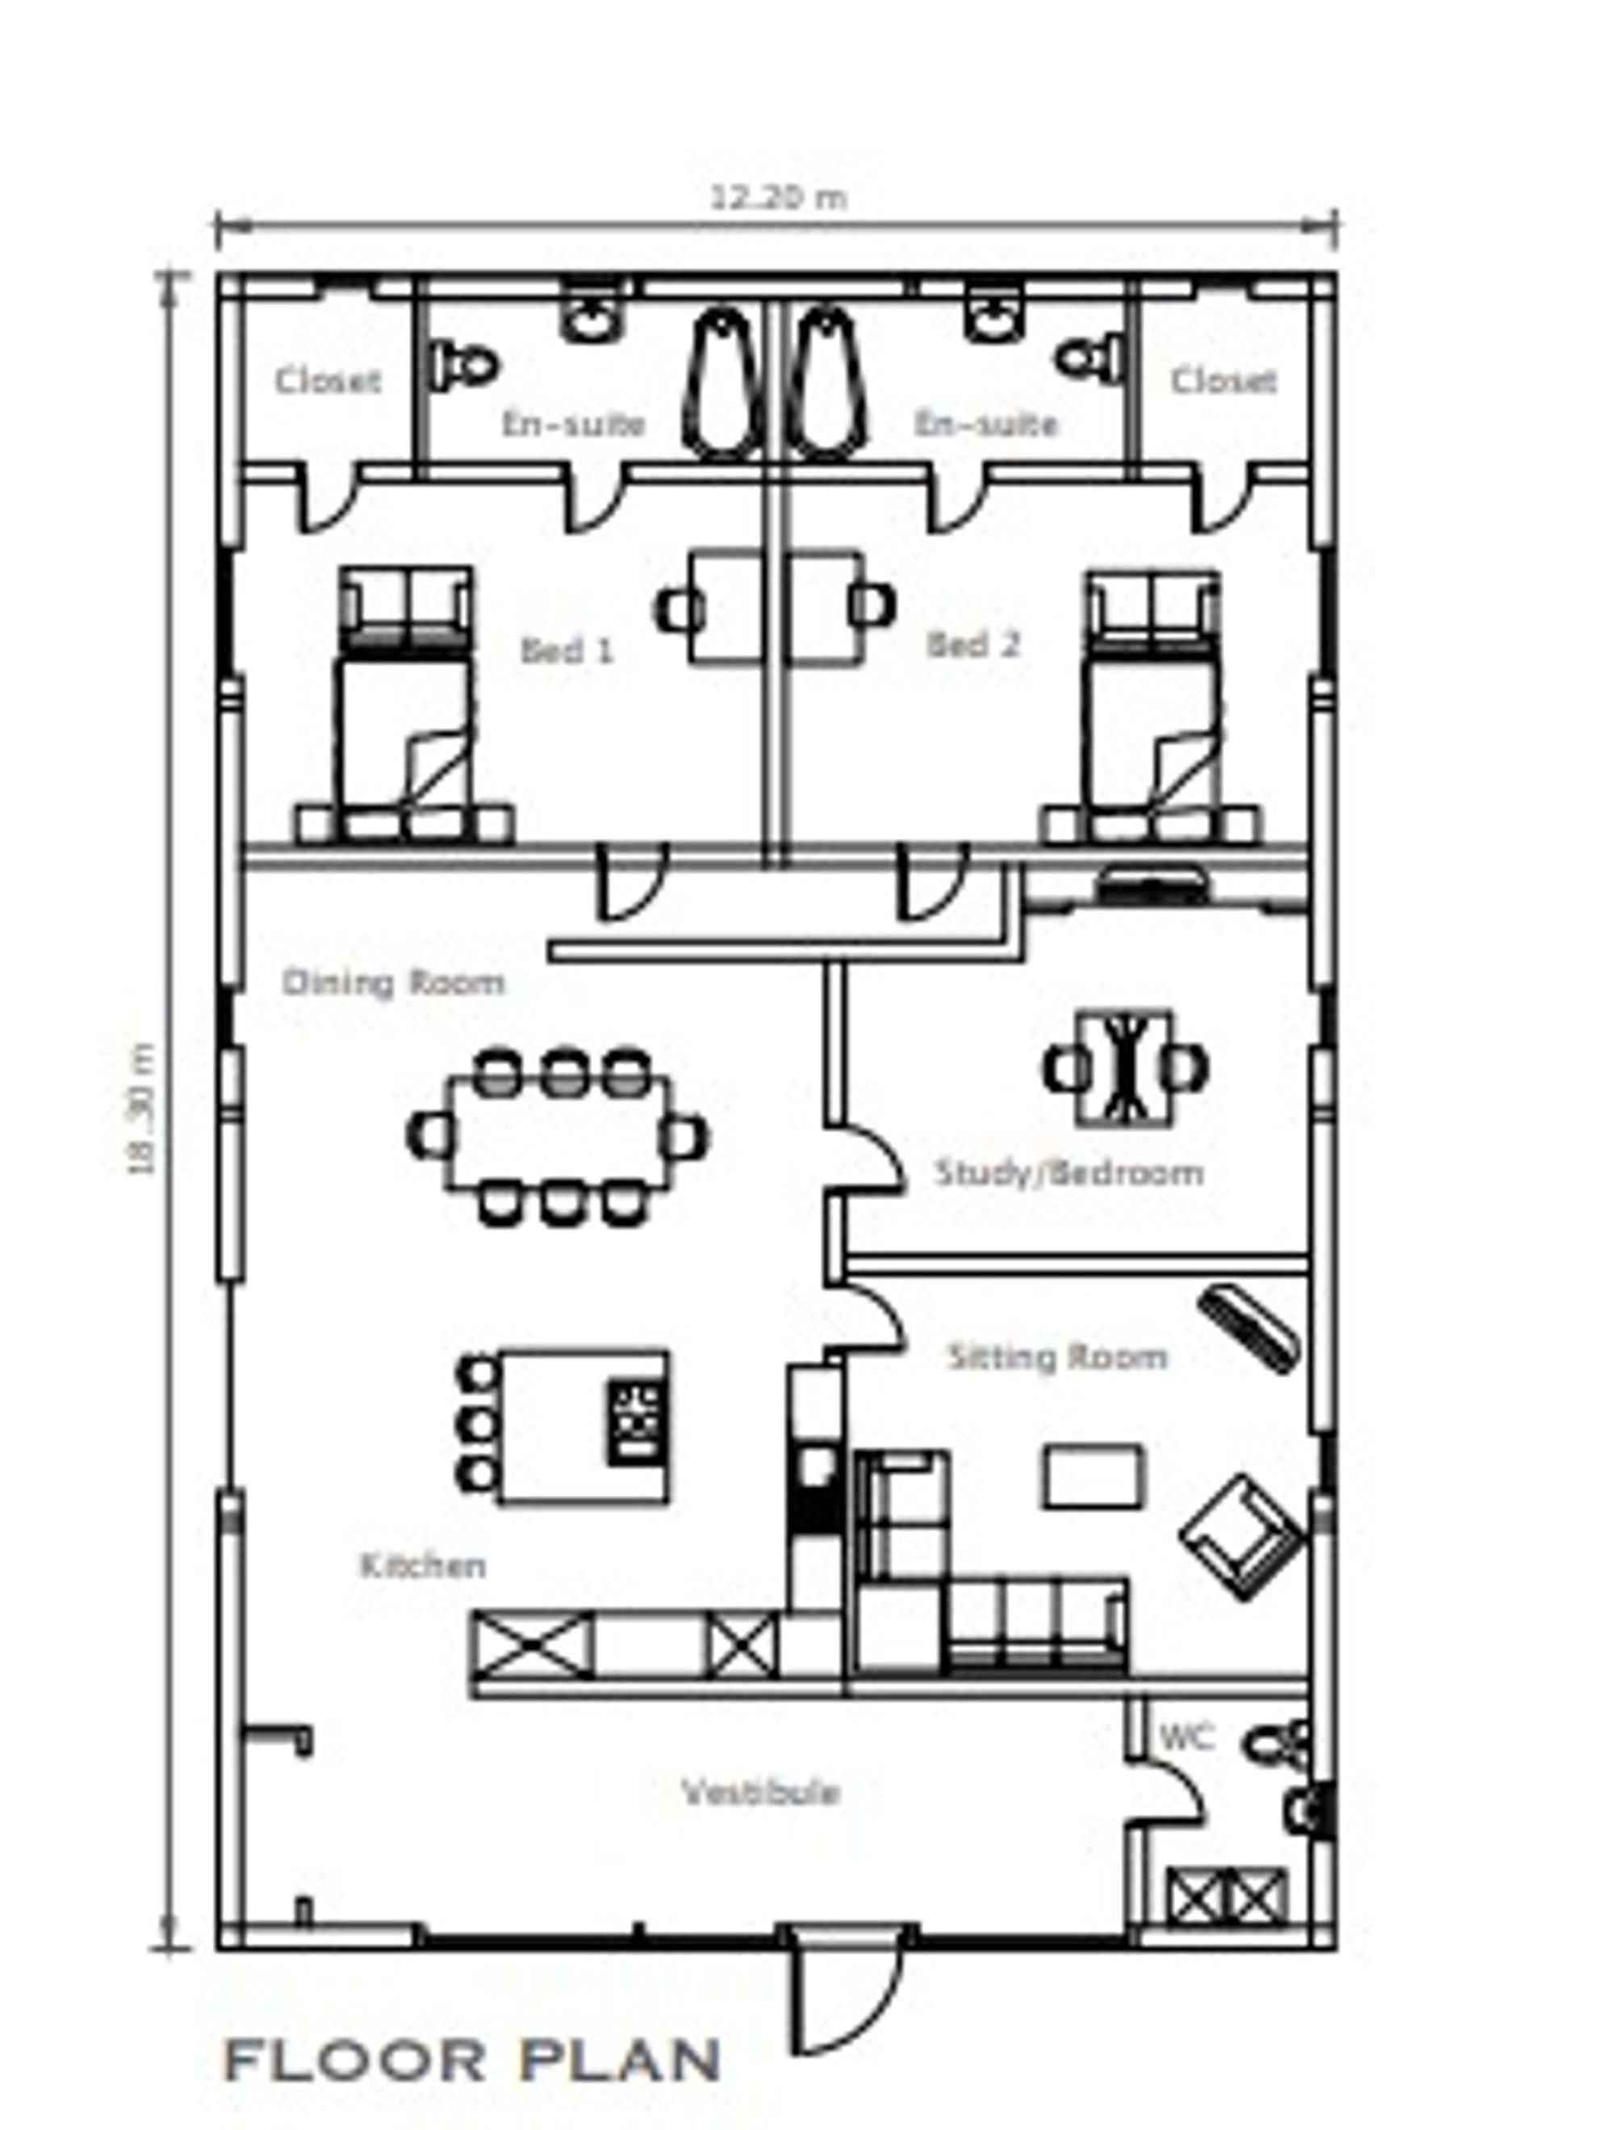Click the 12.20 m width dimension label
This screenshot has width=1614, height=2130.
778,199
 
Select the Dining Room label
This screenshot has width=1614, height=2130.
393,983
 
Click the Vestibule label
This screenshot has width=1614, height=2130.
761,1792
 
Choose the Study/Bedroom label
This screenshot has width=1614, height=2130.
1069,1173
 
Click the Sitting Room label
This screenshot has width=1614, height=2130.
1057,1357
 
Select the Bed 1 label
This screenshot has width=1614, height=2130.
567,651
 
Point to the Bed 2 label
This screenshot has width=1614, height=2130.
972,645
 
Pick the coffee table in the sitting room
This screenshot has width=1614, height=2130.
1092,1476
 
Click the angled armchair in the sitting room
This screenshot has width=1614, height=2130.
1242,1535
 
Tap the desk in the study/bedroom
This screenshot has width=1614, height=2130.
1125,1068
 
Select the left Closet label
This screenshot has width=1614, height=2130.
328,380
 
